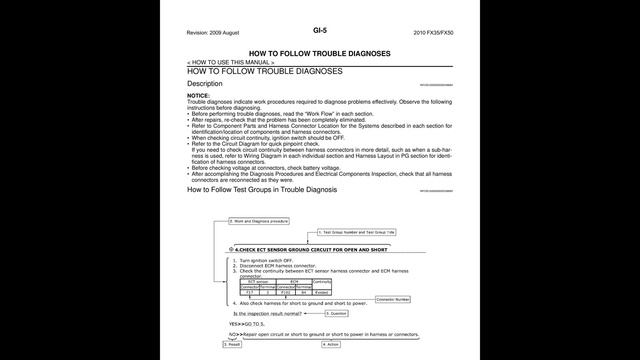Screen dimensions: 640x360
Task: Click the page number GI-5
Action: pyautogui.click(x=319, y=31)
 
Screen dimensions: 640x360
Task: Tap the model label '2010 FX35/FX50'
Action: pyautogui.click(x=432, y=33)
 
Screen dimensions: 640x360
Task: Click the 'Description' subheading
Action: pyautogui.click(x=204, y=84)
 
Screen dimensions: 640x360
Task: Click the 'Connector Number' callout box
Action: pyautogui.click(x=392, y=299)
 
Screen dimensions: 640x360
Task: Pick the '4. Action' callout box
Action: pyautogui.click(x=333, y=344)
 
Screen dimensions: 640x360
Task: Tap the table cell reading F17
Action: pyautogui.click(x=251, y=293)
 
